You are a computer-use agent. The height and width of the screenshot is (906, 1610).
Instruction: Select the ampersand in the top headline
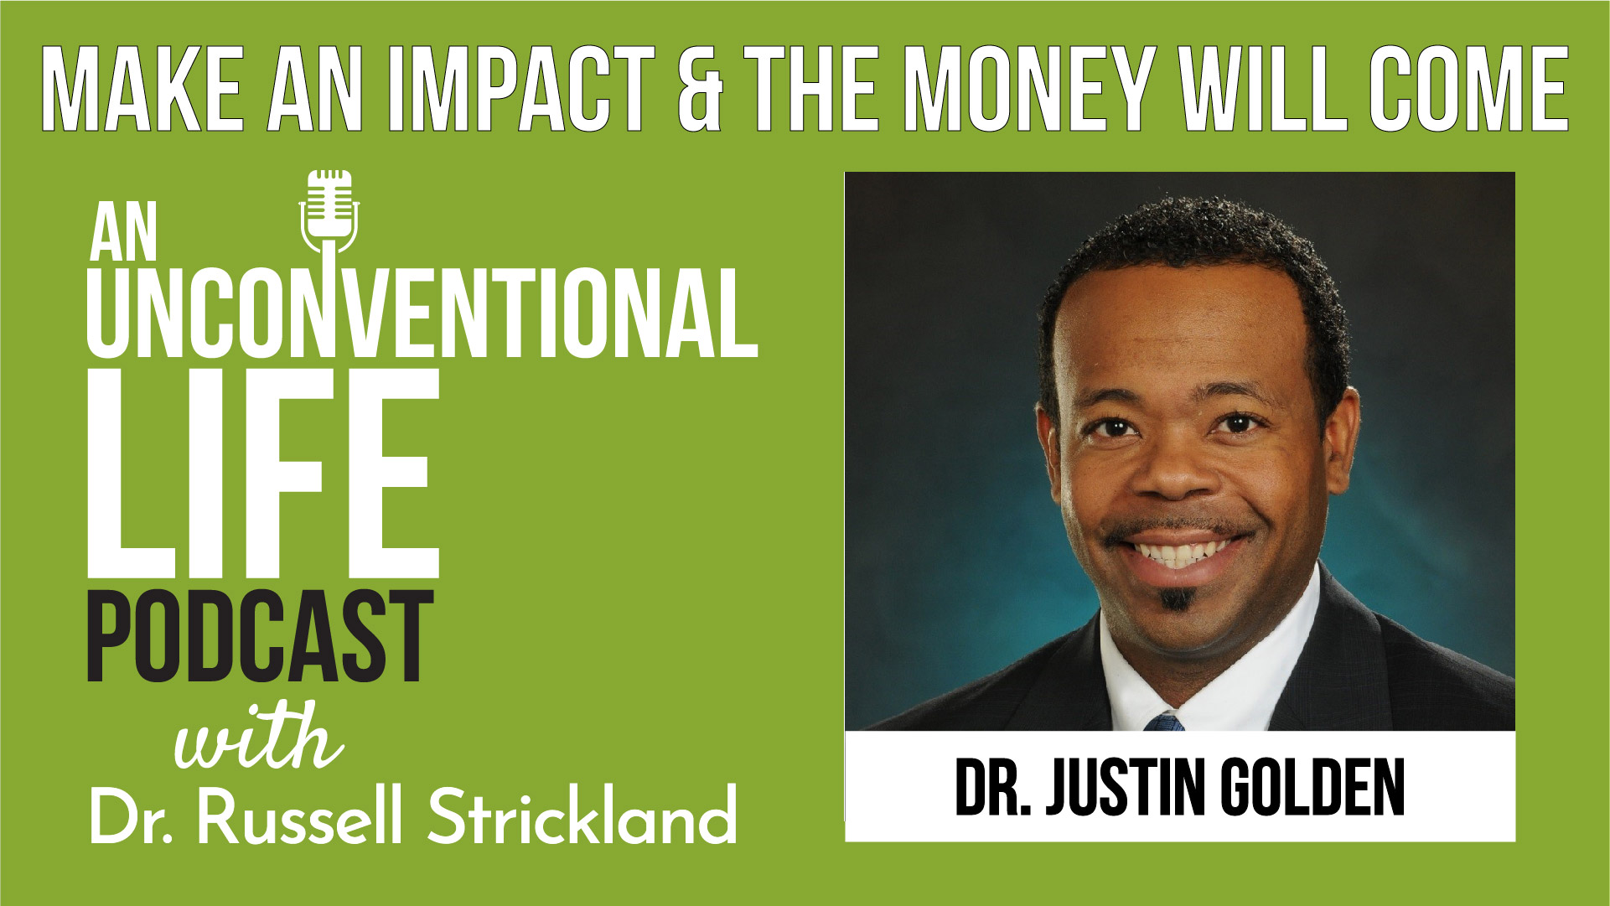pos(700,90)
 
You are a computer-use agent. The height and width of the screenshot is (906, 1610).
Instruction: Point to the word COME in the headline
pos(1468,90)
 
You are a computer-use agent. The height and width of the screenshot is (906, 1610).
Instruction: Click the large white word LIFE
pos(263,474)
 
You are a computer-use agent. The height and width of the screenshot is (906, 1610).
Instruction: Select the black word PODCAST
pos(260,636)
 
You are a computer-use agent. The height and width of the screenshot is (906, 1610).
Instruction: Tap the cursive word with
pos(258,738)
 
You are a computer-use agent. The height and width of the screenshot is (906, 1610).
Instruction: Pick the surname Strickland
pos(583,815)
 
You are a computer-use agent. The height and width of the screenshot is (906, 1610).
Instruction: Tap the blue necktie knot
pos(1166,722)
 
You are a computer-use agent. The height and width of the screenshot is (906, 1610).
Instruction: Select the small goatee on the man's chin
pos(1177,598)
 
